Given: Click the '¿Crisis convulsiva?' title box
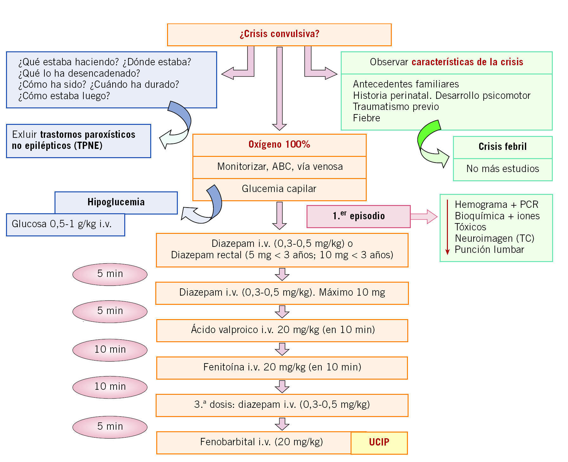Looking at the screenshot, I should point(279,34).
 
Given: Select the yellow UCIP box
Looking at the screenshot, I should point(379,442).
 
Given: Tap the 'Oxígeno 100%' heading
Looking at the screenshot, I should point(279,145).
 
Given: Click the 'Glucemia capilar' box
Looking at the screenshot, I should point(279,189).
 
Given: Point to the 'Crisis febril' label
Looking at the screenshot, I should point(502,147).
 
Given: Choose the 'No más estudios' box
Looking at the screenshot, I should point(502,169).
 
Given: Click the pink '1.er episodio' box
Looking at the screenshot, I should point(358,216).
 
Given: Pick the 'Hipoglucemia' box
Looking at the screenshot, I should point(116,202).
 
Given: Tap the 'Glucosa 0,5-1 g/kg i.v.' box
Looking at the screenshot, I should point(65,225).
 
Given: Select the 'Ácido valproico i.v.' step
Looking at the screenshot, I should point(282,330).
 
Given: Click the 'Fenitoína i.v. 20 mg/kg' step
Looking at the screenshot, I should point(282,368).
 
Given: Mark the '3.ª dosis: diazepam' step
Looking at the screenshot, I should point(282,405).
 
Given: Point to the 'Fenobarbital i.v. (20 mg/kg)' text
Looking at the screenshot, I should point(261,442).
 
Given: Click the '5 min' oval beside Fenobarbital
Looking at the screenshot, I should point(110,427).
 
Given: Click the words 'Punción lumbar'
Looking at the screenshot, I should point(489,250).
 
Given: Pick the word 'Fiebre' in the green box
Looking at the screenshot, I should point(366,118).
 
